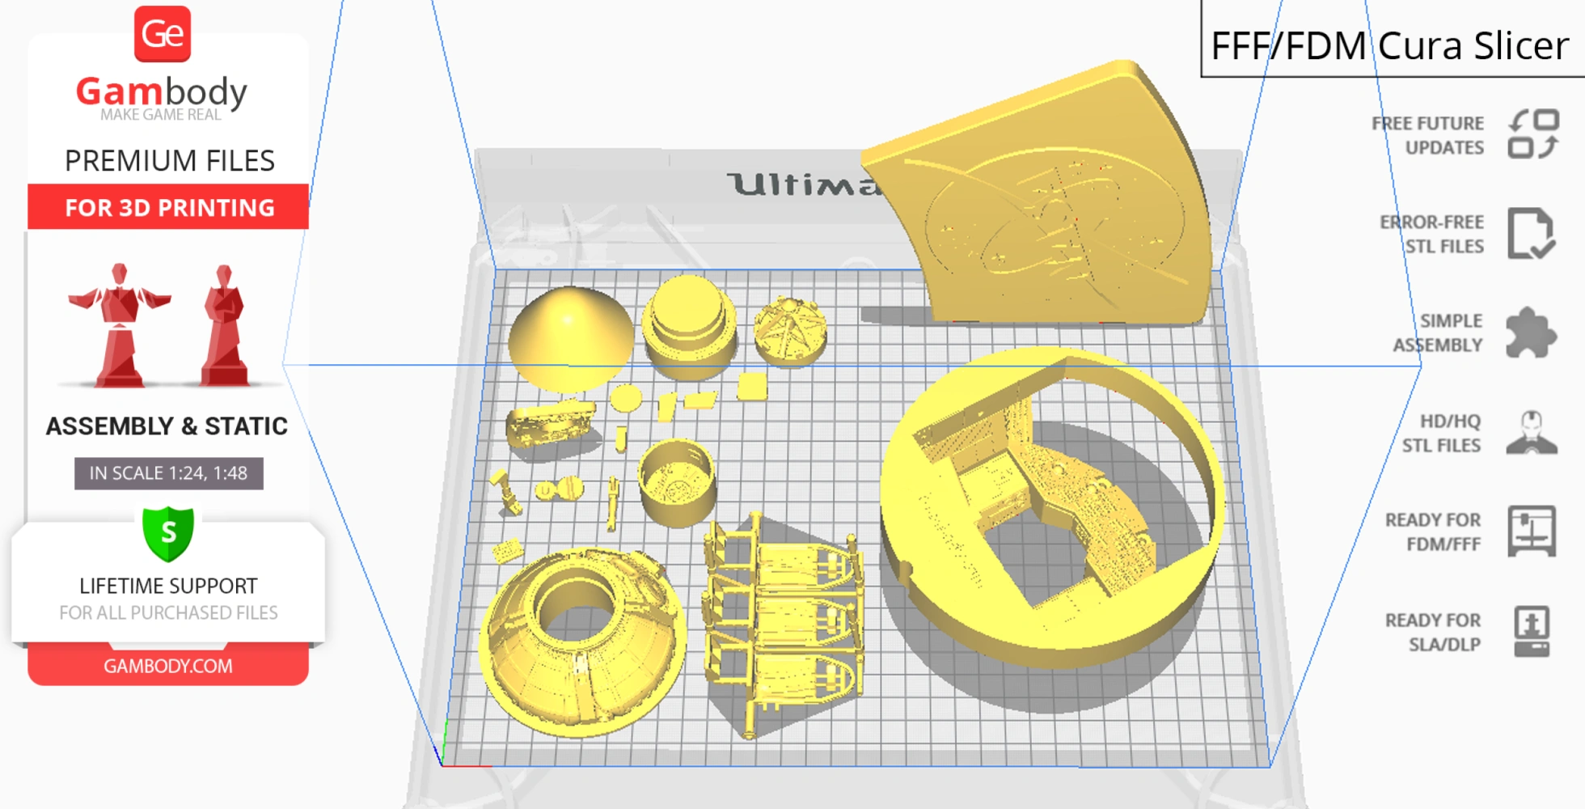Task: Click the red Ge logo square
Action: click(x=163, y=34)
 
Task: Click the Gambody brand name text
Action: click(x=162, y=92)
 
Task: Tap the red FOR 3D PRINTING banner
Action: click(x=169, y=207)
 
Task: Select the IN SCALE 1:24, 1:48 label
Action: click(x=169, y=473)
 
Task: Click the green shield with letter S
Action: click(x=168, y=533)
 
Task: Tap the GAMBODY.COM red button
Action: click(x=168, y=666)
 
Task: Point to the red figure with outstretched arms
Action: click(x=120, y=324)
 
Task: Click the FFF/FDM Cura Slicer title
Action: click(x=1389, y=45)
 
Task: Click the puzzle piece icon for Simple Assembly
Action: click(x=1530, y=332)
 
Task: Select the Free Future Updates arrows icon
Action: click(x=1533, y=134)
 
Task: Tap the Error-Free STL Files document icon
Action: click(x=1530, y=234)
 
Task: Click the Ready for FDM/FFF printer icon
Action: click(x=1531, y=531)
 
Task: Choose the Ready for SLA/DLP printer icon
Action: click(x=1531, y=631)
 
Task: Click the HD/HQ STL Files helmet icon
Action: click(x=1531, y=433)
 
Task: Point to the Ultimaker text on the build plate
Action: click(x=801, y=184)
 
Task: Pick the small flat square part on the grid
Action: click(x=752, y=387)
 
